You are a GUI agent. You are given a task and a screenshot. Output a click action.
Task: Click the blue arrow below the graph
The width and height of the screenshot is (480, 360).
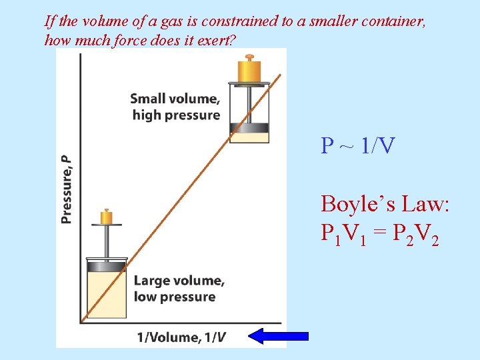(x=278, y=335)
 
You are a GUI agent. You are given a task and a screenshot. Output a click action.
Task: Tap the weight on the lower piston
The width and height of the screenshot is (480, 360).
(x=106, y=217)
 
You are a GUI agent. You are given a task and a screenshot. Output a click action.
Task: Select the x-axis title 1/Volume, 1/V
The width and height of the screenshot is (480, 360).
(x=181, y=337)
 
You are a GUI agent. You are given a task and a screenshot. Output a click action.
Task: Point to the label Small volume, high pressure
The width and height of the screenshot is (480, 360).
(x=175, y=107)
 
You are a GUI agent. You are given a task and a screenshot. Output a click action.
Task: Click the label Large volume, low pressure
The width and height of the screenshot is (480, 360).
(x=179, y=289)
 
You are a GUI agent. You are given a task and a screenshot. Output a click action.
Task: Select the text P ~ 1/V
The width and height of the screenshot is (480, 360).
(x=357, y=145)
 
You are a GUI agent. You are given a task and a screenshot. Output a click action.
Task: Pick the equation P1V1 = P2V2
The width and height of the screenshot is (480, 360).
(x=379, y=233)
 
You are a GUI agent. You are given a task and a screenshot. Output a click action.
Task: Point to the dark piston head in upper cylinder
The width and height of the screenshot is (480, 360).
(x=249, y=127)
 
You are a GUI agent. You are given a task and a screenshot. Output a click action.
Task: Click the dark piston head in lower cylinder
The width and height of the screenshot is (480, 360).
(x=107, y=266)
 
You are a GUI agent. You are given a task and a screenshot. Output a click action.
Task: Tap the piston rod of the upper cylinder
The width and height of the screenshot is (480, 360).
(x=249, y=103)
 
